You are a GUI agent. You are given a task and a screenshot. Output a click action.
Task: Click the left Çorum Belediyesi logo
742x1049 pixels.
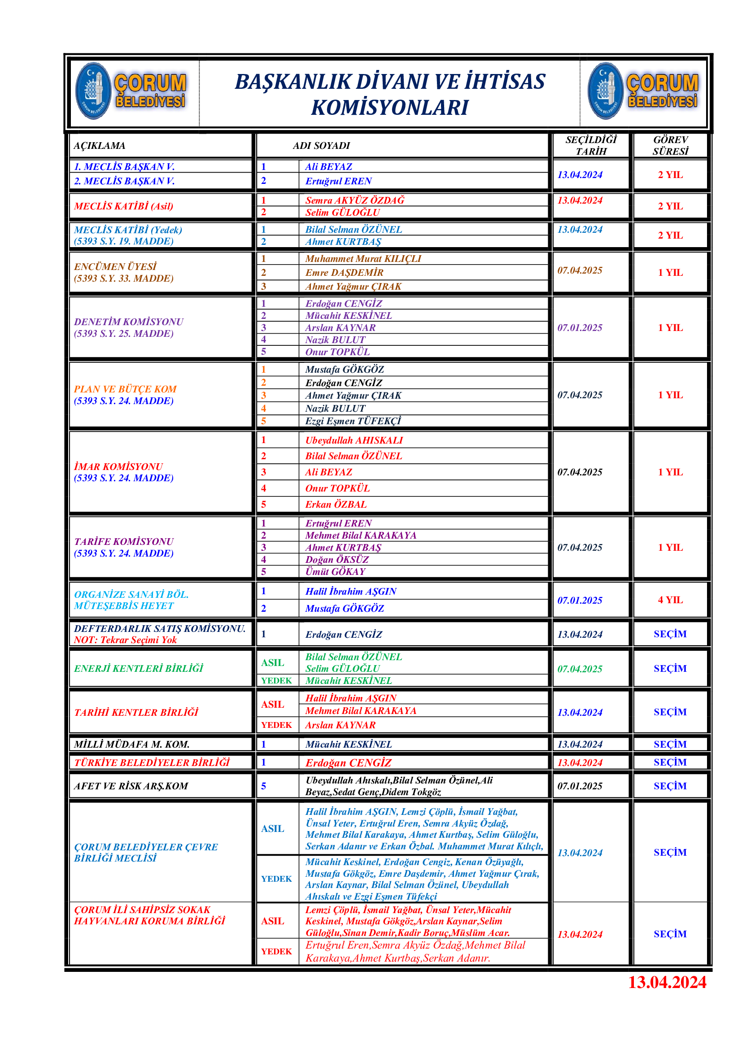pyautogui.click(x=131, y=91)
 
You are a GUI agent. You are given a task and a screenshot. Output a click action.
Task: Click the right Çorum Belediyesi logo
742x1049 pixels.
pyautogui.click(x=643, y=91)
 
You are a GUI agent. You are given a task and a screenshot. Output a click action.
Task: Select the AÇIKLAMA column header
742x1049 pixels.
pyautogui.click(x=100, y=146)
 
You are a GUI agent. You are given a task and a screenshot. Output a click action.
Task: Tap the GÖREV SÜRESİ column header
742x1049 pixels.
pyautogui.click(x=670, y=145)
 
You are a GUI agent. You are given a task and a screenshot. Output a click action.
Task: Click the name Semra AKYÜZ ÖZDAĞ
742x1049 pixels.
pyautogui.click(x=354, y=200)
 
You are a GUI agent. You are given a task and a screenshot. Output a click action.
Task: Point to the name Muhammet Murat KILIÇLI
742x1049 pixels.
pyautogui.click(x=363, y=259)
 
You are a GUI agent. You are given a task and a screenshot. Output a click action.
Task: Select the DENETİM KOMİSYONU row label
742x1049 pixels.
pyautogui.click(x=128, y=322)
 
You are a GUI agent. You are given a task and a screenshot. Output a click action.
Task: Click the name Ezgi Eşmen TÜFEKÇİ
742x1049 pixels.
pyautogui.click(x=353, y=421)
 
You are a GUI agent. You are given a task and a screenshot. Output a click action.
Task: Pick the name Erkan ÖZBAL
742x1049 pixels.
pyautogui.click(x=336, y=505)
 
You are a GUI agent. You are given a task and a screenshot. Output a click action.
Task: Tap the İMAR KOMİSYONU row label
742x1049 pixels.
pyautogui.click(x=118, y=466)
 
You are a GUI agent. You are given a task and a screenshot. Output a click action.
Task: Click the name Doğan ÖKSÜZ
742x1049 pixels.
pyautogui.click(x=337, y=559)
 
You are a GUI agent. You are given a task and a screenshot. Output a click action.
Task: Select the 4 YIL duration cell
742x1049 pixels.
pyautogui.click(x=670, y=600)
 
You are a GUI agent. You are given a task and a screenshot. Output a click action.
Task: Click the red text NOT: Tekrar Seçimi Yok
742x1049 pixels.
pyautogui.click(x=125, y=640)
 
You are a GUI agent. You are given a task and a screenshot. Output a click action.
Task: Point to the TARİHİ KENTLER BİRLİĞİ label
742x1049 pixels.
pyautogui.click(x=136, y=712)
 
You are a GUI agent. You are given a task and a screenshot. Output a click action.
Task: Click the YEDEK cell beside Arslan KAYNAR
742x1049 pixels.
pyautogui.click(x=276, y=725)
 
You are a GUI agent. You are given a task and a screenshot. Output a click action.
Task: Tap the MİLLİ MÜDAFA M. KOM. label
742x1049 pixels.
pyautogui.click(x=131, y=744)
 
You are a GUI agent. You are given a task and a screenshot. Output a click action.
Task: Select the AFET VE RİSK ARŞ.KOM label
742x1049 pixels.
pyautogui.click(x=131, y=786)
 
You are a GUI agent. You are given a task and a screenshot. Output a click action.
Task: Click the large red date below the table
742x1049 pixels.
pyautogui.click(x=667, y=982)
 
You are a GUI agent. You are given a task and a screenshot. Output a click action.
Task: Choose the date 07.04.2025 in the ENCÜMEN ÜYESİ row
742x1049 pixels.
pyautogui.click(x=579, y=270)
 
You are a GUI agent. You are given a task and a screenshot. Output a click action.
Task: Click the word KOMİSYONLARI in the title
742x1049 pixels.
pyautogui.click(x=389, y=108)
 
